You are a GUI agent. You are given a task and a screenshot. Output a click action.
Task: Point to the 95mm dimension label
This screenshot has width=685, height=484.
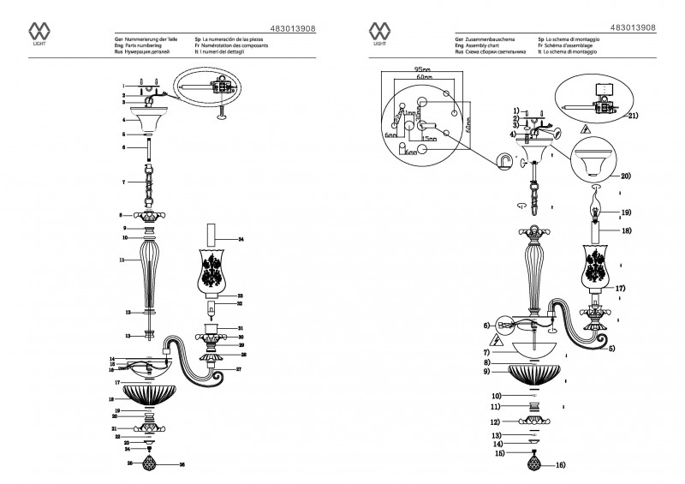click(420, 68)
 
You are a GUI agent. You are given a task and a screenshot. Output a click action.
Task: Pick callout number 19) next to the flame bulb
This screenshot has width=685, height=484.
click(626, 212)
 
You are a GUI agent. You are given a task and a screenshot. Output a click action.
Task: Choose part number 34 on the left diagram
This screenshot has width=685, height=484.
click(241, 239)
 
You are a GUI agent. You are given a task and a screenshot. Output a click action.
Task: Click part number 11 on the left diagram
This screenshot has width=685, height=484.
click(122, 259)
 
